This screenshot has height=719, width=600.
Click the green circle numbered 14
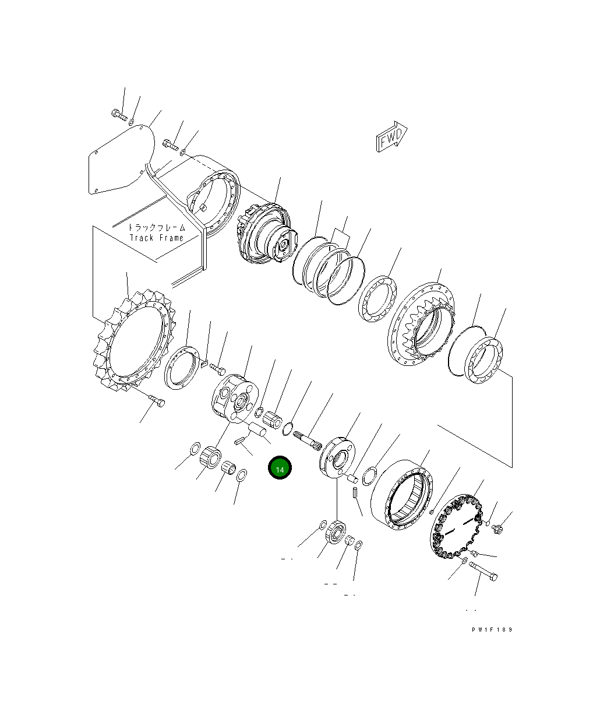pos(280,467)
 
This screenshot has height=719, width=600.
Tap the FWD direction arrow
pos(391,136)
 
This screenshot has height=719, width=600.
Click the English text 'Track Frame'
pos(157,238)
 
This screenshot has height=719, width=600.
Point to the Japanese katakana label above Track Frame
pos(157,227)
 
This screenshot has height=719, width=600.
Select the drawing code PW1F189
pos(492,629)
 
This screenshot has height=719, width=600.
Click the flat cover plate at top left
pos(121,160)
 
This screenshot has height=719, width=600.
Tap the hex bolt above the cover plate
pos(119,115)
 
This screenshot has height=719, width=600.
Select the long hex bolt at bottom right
pos(483,571)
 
